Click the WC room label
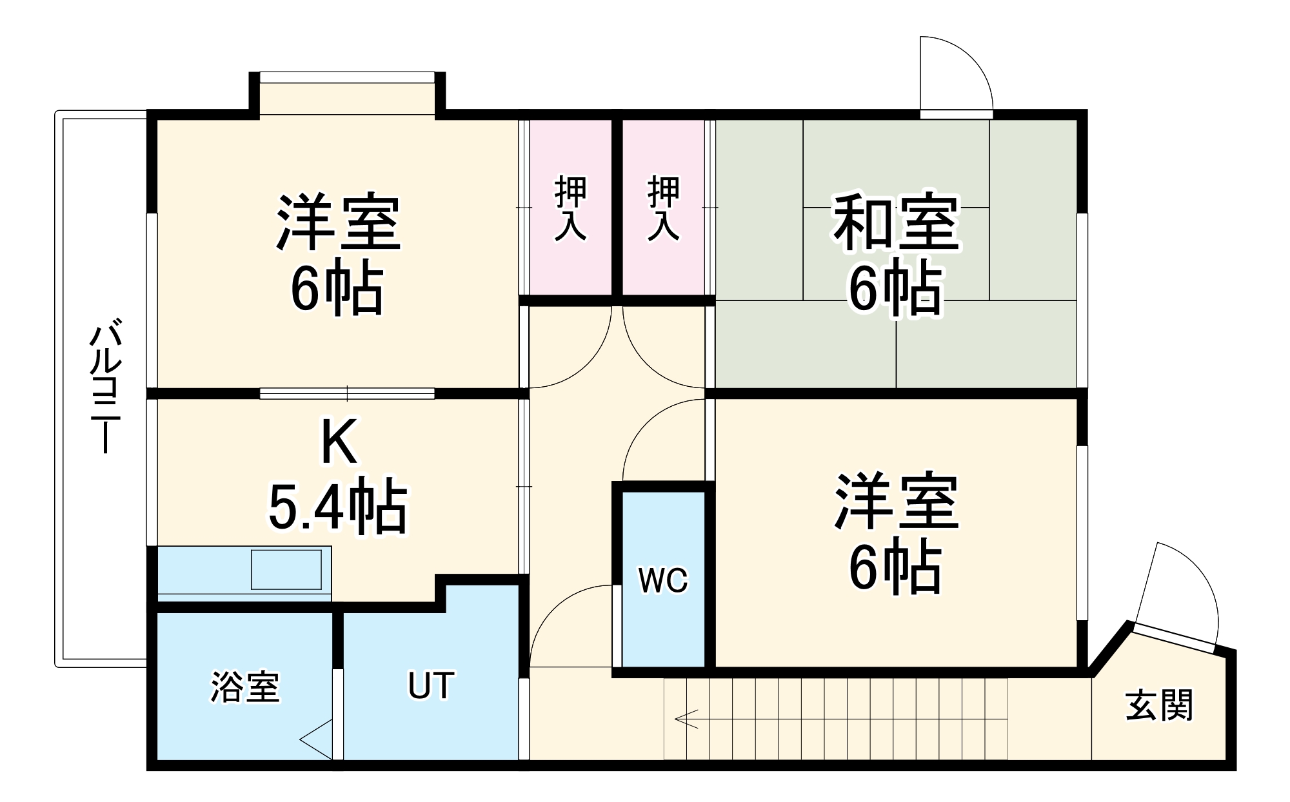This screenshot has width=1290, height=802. tap(663, 580)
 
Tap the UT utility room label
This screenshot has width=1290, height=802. tap(431, 685)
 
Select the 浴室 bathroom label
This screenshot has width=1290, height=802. tap(245, 687)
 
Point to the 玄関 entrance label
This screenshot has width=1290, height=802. tap(1159, 705)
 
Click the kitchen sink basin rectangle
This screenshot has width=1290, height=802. tap(286, 569)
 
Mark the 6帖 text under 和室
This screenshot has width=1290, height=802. tap(895, 288)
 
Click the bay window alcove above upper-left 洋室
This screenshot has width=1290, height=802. tap(347, 97)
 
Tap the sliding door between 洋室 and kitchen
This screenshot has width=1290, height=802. tap(347, 393)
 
